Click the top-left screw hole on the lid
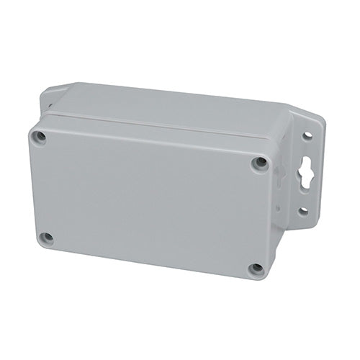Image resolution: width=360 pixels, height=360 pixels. coord(41,137)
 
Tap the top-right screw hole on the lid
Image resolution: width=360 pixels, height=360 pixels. coord(260,163)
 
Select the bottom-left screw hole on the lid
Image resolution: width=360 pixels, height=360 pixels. coord(46,237)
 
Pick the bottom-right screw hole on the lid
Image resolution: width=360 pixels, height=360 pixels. coord(256,269)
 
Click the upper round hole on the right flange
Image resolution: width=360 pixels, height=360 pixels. coord(307,135)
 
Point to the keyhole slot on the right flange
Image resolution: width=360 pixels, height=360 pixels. coord(305,174)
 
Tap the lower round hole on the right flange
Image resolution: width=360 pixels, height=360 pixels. coord(303,211)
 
